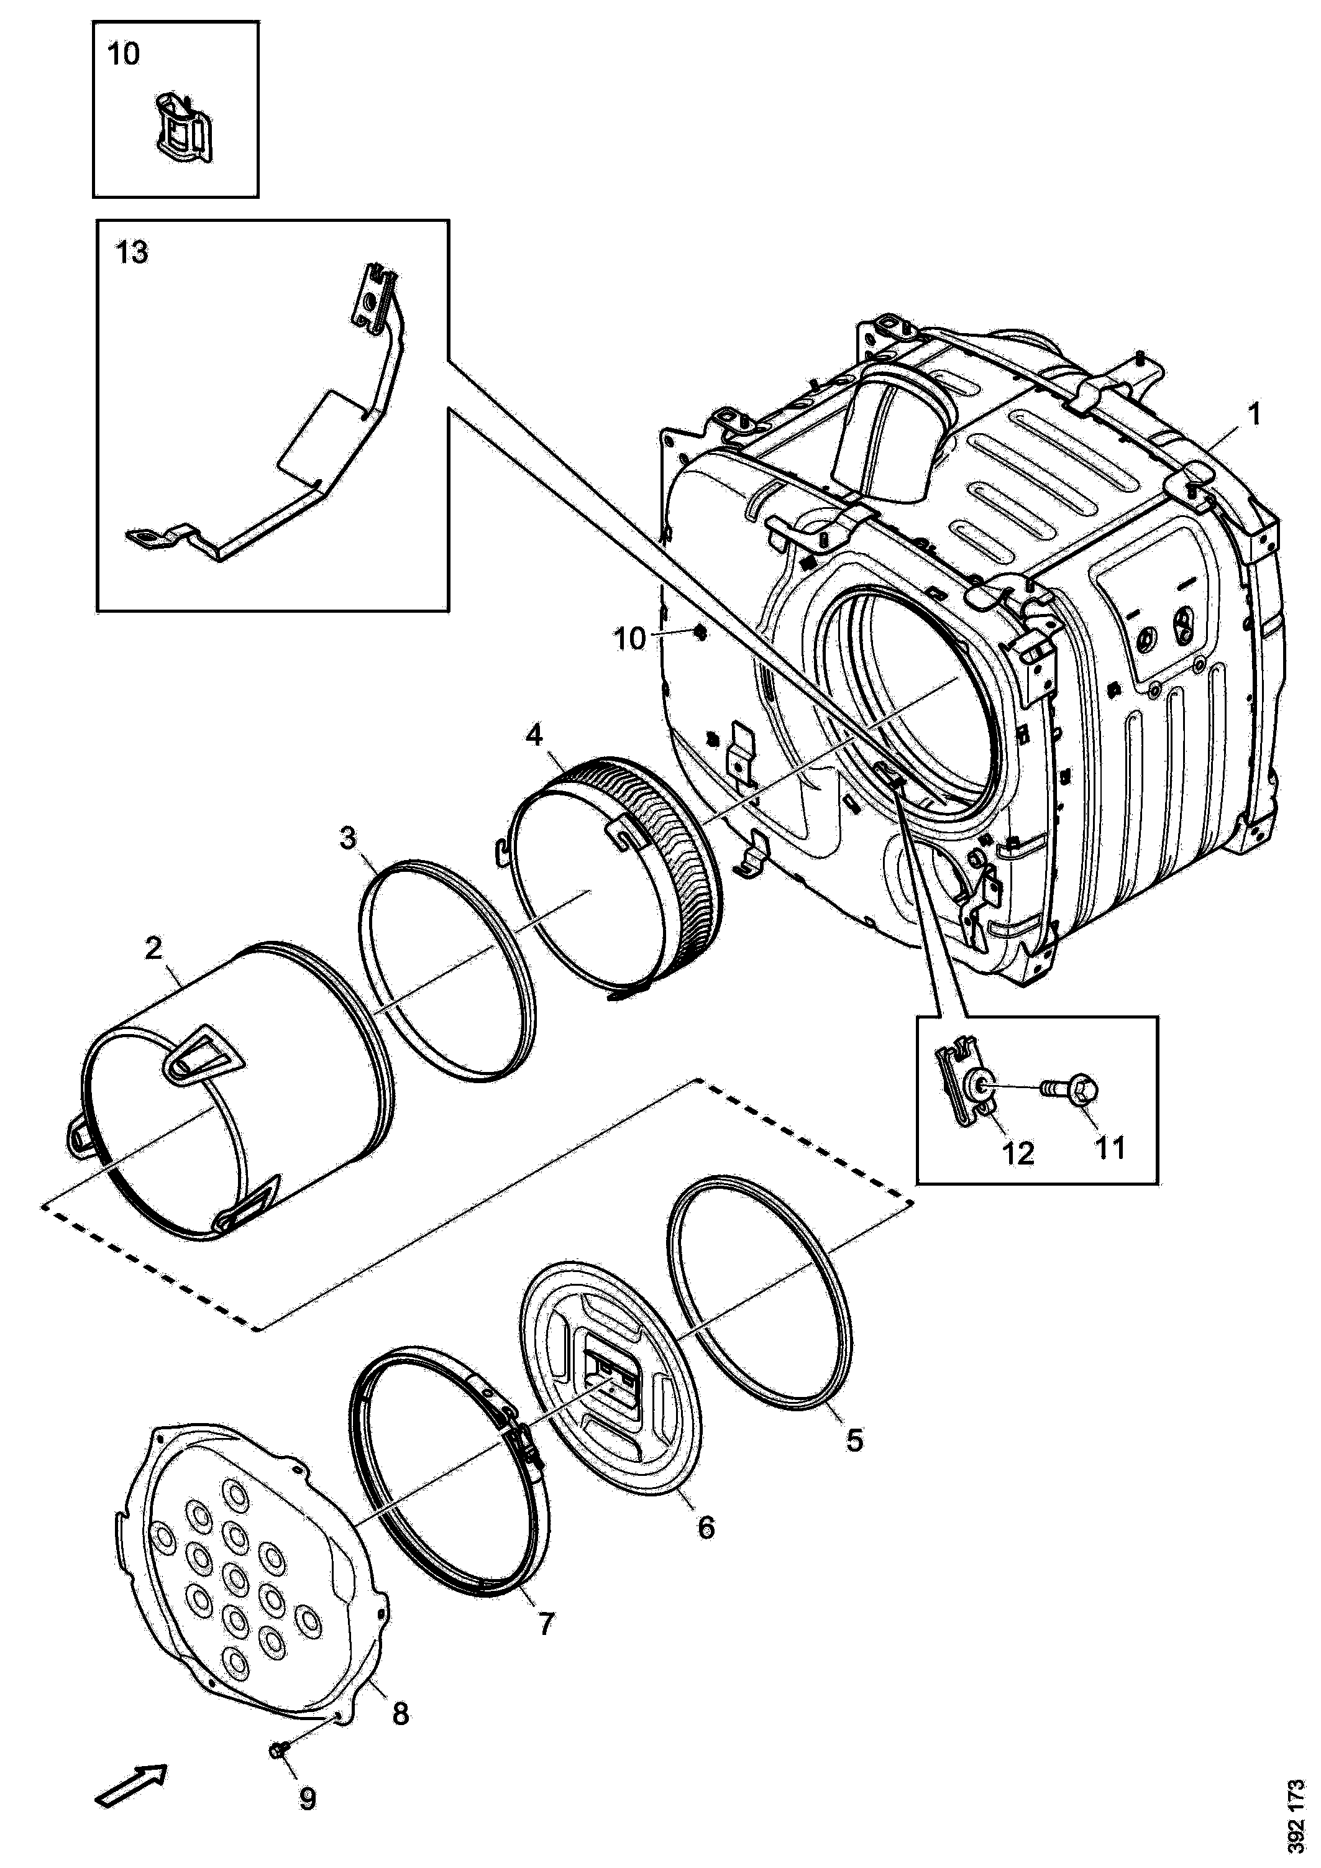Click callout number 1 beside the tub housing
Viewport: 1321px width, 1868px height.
[1255, 416]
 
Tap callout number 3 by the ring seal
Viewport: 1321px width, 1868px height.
[347, 837]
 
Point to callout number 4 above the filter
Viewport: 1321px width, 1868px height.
[534, 736]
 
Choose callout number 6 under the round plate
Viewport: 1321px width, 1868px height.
[705, 1527]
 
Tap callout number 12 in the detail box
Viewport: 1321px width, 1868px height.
[1018, 1153]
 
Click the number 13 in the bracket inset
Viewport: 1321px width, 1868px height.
[132, 253]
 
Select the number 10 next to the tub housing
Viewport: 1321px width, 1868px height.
[629, 639]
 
